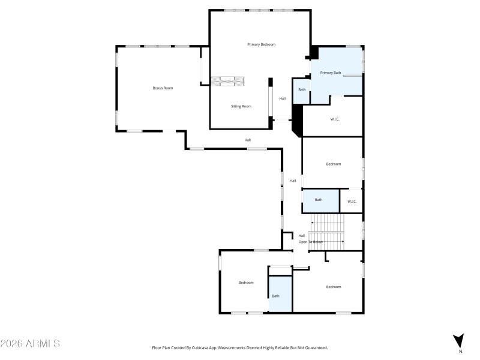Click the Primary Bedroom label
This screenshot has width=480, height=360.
pyautogui.click(x=261, y=44)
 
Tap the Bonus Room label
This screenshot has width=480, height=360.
pyautogui.click(x=163, y=88)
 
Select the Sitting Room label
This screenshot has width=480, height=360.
pyautogui.click(x=241, y=106)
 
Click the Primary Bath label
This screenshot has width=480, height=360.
pyautogui.click(x=330, y=73)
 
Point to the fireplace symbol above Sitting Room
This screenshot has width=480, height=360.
pyautogui.click(x=232, y=81)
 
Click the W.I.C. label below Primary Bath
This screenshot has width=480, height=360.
pyautogui.click(x=335, y=119)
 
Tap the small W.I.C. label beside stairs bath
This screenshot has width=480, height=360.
pyautogui.click(x=352, y=201)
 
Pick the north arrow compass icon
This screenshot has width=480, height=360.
pyautogui.click(x=459, y=340)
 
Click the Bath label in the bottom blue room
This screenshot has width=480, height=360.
pyautogui.click(x=275, y=296)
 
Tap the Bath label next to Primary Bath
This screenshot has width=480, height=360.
pyautogui.click(x=302, y=90)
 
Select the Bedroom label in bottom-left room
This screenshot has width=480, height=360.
pyautogui.click(x=246, y=283)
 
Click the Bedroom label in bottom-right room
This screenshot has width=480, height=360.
pyautogui.click(x=334, y=287)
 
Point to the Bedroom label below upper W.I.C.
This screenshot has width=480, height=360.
pyautogui.click(x=334, y=164)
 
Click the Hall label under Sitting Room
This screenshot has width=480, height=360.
pyautogui.click(x=247, y=140)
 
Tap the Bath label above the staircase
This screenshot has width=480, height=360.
pyautogui.click(x=319, y=200)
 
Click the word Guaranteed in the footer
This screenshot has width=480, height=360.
pyautogui.click(x=316, y=347)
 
